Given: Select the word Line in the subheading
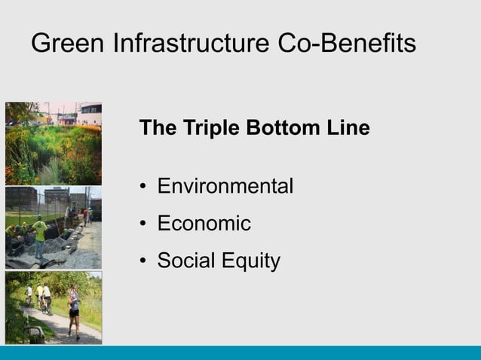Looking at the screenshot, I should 348,129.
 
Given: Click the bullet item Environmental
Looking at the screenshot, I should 225,186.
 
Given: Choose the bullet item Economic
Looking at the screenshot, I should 204,224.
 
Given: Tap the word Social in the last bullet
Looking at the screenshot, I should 185,261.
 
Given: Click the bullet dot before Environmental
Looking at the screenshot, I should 144,187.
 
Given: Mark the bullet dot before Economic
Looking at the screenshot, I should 144,224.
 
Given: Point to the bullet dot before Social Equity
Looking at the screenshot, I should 144,262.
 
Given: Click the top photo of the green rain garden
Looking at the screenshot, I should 53,143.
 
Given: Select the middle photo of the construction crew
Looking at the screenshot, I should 53,227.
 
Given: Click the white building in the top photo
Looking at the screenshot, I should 90,113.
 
